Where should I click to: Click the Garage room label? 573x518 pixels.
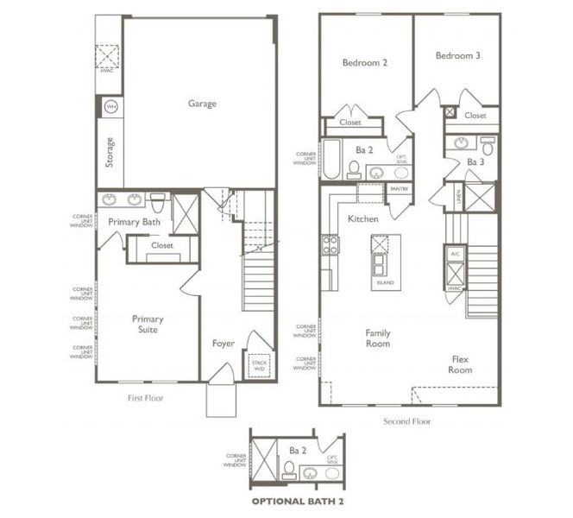click(x=202, y=104)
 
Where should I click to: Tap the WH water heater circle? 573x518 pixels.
click(x=110, y=106)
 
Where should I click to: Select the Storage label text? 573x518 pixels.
click(x=110, y=152)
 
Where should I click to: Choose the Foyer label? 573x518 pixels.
click(x=224, y=344)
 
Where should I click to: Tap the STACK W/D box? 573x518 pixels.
click(x=259, y=365)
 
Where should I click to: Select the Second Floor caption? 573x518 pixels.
click(x=407, y=421)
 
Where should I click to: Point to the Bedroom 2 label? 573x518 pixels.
click(x=364, y=63)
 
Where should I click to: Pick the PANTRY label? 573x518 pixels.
click(x=399, y=187)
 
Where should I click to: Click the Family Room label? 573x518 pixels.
click(x=377, y=338)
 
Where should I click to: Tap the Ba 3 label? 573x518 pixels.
click(x=475, y=161)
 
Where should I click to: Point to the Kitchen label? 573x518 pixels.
click(x=363, y=219)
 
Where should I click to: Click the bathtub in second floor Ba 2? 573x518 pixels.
click(x=331, y=160)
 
